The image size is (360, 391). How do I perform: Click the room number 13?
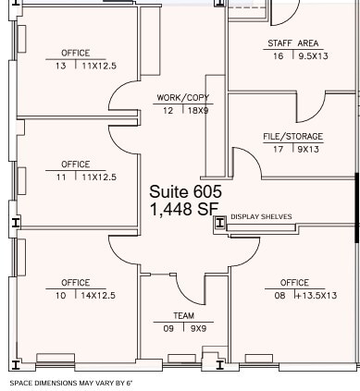tap(60, 67)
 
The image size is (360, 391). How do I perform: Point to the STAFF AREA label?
tap(292, 43)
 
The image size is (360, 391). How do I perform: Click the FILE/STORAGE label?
tap(292, 137)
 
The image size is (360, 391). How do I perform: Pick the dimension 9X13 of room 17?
tap(309, 149)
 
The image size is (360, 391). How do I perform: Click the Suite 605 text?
tap(185, 191)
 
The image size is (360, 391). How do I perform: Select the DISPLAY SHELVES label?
tap(261, 217)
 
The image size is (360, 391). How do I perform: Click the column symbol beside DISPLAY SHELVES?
tap(219, 222)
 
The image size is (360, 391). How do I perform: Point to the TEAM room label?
tap(183, 315)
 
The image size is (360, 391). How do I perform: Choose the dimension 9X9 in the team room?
tap(199, 327)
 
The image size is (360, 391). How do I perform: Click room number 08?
tap(279, 296)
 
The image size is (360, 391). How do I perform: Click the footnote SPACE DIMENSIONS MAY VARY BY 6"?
tap(71, 382)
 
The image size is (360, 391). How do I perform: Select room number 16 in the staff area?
tap(278, 56)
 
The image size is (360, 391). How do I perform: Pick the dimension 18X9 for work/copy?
tap(199, 110)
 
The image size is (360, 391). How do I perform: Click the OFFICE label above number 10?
tap(76, 283)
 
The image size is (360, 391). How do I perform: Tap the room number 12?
tap(168, 110)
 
